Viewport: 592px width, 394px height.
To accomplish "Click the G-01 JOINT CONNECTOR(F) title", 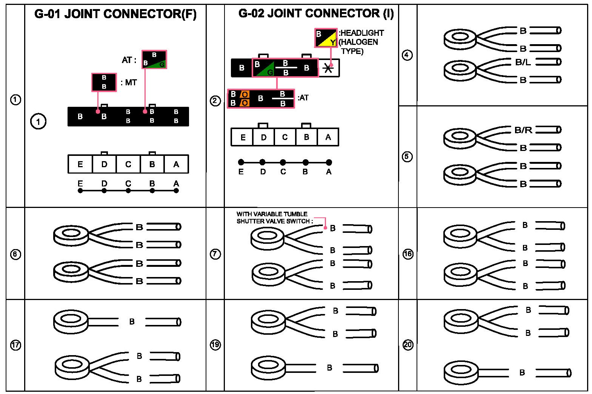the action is (115, 14).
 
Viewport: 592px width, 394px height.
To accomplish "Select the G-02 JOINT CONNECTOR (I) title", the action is (316, 13).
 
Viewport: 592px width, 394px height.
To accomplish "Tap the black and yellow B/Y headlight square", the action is (326, 38).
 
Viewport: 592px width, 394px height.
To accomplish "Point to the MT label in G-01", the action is (131, 83).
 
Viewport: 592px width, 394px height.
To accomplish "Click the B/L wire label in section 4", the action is (523, 62).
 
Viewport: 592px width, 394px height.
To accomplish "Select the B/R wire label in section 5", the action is (523, 130).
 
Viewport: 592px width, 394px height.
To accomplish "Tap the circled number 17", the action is (15, 345).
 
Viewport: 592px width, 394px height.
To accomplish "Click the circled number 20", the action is (408, 345).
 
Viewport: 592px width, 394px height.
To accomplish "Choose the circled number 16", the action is (408, 254).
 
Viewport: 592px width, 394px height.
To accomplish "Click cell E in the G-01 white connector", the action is (80, 164).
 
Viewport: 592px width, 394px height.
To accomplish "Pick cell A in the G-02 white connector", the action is (328, 137).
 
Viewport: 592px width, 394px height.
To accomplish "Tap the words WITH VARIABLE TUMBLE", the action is (272, 214).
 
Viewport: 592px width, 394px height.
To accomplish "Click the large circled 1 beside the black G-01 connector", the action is (38, 122).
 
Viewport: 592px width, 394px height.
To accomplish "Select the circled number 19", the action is (215, 345).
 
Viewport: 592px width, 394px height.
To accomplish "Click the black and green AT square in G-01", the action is (154, 59).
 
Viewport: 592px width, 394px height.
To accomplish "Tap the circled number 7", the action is (215, 254).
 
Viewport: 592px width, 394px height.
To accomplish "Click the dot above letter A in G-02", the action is (329, 162).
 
